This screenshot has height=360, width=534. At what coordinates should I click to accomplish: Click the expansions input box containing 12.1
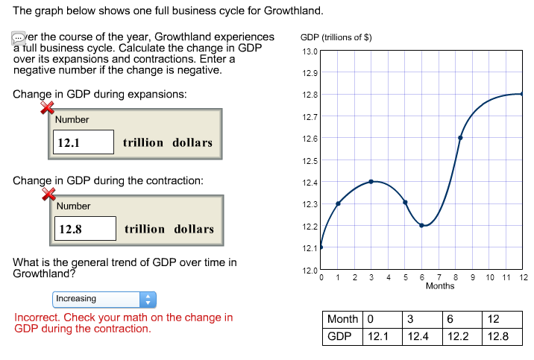tap(83, 142)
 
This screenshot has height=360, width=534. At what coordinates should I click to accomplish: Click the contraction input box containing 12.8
tap(85, 229)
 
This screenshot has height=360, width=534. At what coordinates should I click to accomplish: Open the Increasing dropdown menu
tap(105, 299)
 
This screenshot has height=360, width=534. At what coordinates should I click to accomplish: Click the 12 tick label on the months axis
tap(524, 277)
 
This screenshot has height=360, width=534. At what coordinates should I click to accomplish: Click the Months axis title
tap(439, 286)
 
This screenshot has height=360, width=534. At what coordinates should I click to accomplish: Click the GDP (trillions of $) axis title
tap(336, 37)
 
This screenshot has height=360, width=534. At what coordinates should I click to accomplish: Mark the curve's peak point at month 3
tap(371, 181)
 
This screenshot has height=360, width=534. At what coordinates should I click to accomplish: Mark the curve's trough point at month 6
tap(422, 225)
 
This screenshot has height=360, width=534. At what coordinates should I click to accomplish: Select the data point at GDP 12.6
tap(460, 138)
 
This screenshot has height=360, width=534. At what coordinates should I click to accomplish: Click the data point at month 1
tap(338, 203)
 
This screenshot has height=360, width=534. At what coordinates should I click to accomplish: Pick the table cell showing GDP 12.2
tap(457, 336)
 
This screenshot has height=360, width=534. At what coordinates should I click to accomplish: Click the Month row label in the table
tap(343, 319)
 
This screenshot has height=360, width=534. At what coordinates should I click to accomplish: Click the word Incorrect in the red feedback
tap(37, 318)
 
